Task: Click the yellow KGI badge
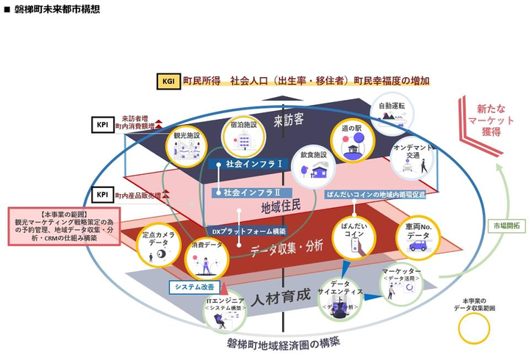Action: click(x=167, y=81)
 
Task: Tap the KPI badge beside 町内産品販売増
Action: click(x=103, y=195)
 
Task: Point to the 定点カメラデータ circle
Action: click(x=159, y=247)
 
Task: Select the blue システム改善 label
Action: click(x=194, y=287)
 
